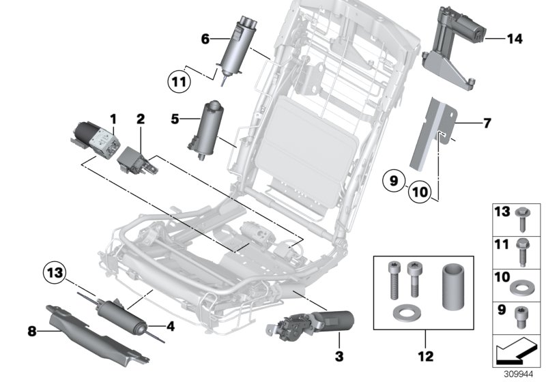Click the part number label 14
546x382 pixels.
click(515, 40)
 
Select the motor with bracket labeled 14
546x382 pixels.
click(456, 48)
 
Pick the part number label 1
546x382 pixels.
click(114, 119)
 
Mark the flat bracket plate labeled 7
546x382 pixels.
click(437, 133)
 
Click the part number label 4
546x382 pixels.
click(170, 327)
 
